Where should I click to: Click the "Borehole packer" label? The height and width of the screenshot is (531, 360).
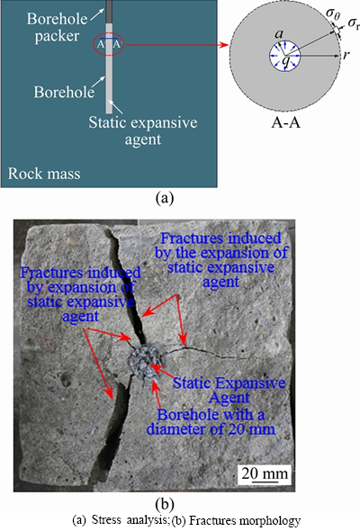[x=57, y=27]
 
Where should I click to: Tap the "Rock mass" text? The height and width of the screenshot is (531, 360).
[x=44, y=174]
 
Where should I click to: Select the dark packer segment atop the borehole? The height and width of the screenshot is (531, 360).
[x=109, y=12]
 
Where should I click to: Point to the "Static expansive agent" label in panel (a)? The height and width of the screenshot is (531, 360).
[x=143, y=130]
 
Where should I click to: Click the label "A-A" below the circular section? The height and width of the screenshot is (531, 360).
[x=286, y=122]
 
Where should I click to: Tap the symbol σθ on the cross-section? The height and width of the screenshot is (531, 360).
[x=333, y=14]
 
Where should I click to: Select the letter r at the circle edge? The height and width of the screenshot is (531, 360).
[x=346, y=55]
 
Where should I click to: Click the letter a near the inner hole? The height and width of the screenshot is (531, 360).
[x=279, y=33]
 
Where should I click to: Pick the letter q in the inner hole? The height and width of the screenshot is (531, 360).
[x=286, y=61]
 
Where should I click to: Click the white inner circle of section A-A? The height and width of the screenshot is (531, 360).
[x=284, y=56]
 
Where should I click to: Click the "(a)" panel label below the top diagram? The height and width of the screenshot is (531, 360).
[x=165, y=198]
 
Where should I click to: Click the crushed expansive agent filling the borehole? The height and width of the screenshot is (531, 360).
[x=145, y=363]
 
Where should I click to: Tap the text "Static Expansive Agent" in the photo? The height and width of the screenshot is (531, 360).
[x=229, y=390]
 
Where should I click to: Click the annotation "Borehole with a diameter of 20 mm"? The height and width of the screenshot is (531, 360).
[x=211, y=421]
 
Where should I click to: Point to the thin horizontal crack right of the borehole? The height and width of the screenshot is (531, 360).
[x=207, y=351]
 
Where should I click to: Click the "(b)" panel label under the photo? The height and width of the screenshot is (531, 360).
[x=165, y=504]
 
